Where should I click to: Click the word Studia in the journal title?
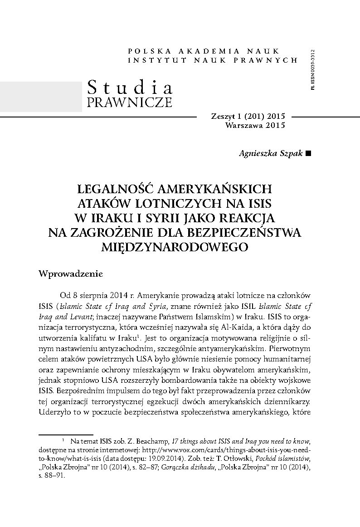129,86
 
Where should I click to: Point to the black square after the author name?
309,154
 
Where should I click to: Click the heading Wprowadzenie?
72,274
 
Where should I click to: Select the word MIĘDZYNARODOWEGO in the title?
180,246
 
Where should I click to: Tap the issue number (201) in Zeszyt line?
255,117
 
